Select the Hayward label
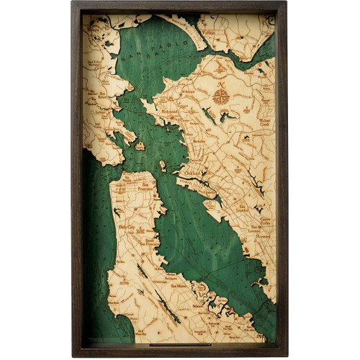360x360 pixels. click(264, 235)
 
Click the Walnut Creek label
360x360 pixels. click(265, 121)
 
